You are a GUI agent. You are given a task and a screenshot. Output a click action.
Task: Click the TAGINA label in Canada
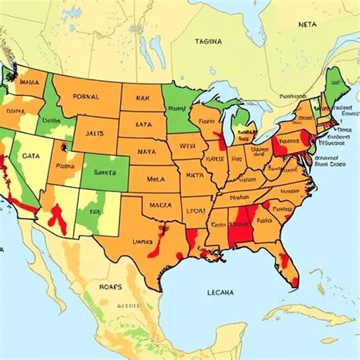tap(209, 43)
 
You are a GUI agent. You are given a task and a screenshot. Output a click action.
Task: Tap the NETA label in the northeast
tap(307, 24)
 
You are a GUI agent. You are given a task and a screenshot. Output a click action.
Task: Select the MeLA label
tap(156, 179)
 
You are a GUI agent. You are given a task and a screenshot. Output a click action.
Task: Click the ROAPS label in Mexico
tap(111, 288)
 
